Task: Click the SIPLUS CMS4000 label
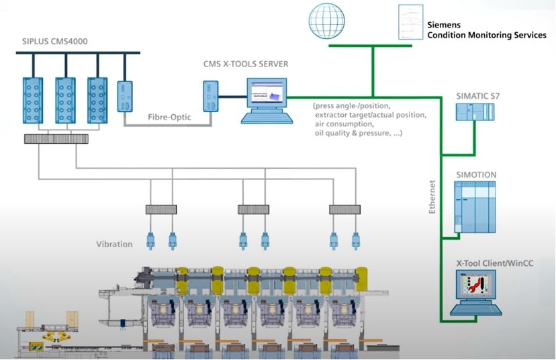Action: point(54,42)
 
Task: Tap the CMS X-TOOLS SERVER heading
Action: point(246,64)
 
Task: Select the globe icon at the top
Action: point(328,21)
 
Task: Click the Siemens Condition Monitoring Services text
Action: point(487,30)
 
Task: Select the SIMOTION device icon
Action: point(475,207)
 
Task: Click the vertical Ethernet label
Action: point(433,196)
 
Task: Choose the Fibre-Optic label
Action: point(169,117)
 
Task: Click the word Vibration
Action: point(114,244)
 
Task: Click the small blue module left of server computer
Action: point(212,97)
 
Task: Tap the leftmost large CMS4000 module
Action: point(33,100)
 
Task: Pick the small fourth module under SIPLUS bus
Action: point(126,97)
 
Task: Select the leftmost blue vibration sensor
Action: point(151,240)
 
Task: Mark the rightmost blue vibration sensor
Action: point(356,240)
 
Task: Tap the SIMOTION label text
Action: point(476,175)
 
